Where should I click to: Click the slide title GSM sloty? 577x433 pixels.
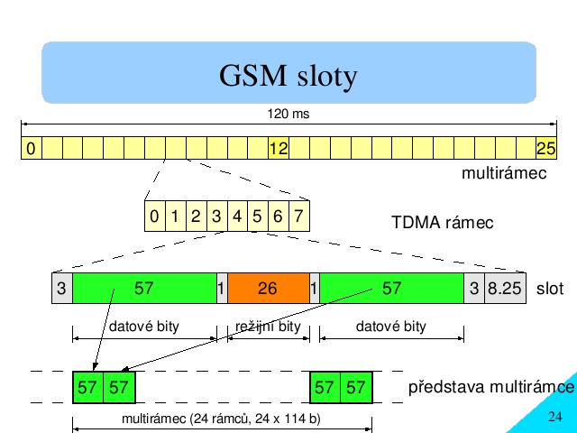point(288,76)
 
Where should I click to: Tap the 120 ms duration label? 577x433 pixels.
point(288,114)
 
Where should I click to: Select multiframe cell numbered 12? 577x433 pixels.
point(279,148)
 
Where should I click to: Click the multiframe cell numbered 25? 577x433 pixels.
point(546,148)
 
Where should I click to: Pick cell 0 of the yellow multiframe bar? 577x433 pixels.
point(32,148)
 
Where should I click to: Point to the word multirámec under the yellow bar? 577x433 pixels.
point(504,173)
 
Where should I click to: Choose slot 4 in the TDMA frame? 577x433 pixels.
point(237,216)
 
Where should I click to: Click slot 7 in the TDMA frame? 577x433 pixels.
point(299,216)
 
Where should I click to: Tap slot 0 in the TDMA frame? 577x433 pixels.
point(155,216)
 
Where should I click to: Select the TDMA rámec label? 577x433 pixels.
point(443,223)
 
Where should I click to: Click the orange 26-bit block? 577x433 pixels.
point(269,288)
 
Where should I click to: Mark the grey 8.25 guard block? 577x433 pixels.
point(505,288)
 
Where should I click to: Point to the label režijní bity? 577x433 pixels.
point(268,327)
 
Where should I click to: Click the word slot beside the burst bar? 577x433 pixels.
point(550,289)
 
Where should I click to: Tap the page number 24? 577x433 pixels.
point(555,417)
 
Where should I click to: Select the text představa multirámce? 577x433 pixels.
point(491,387)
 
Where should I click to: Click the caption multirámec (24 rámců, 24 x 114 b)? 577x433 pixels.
point(221,419)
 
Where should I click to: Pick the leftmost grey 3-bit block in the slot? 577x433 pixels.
point(62,288)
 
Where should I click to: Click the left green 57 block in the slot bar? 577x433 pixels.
point(144,288)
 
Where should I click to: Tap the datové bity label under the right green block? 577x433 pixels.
point(391,327)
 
